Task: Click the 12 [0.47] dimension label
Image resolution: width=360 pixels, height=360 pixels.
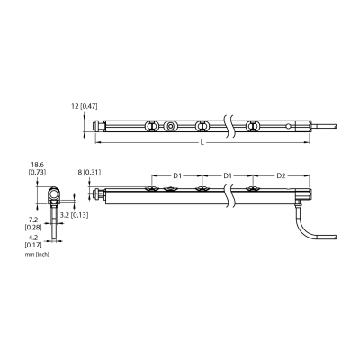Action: (85, 106)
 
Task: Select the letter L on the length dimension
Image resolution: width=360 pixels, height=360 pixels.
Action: (202, 143)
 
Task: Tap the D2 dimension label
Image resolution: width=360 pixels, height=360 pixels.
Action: (281, 175)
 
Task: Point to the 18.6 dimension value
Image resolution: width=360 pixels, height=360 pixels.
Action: (37, 165)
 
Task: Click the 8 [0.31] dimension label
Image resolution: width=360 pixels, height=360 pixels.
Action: (89, 173)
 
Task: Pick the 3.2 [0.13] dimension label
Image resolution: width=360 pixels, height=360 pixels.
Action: (74, 215)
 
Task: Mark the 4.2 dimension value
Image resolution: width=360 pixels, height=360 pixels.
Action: (33, 238)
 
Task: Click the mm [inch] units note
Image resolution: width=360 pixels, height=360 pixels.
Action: (37, 255)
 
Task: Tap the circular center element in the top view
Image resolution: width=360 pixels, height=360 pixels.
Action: (171, 127)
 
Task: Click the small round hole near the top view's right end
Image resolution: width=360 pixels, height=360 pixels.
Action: (288, 126)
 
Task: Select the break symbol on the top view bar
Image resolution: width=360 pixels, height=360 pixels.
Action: (229, 127)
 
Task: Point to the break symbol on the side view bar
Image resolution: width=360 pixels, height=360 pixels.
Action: (229, 195)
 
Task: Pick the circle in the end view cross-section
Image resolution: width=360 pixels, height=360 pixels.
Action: (54, 194)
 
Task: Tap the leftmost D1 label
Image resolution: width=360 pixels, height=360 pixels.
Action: (177, 175)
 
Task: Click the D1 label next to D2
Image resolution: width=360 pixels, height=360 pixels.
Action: (228, 175)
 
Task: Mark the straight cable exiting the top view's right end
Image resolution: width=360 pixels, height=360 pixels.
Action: (325, 126)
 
